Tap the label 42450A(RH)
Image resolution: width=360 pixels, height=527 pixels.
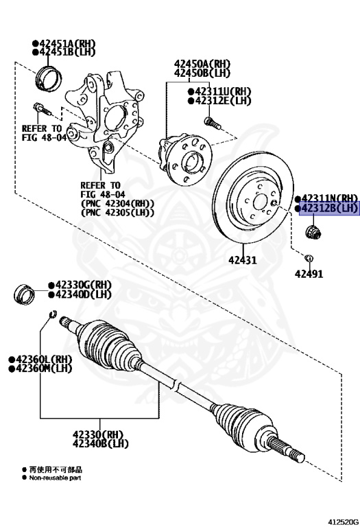(202, 62)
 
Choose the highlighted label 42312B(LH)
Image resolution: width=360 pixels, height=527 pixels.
(328, 208)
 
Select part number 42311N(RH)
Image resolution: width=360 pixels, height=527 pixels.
(328, 198)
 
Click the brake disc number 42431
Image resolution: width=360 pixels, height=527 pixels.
(241, 261)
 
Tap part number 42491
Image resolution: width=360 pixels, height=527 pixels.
(309, 274)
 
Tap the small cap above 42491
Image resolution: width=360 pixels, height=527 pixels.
(308, 258)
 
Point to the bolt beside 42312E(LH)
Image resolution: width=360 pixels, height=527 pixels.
(211, 122)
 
